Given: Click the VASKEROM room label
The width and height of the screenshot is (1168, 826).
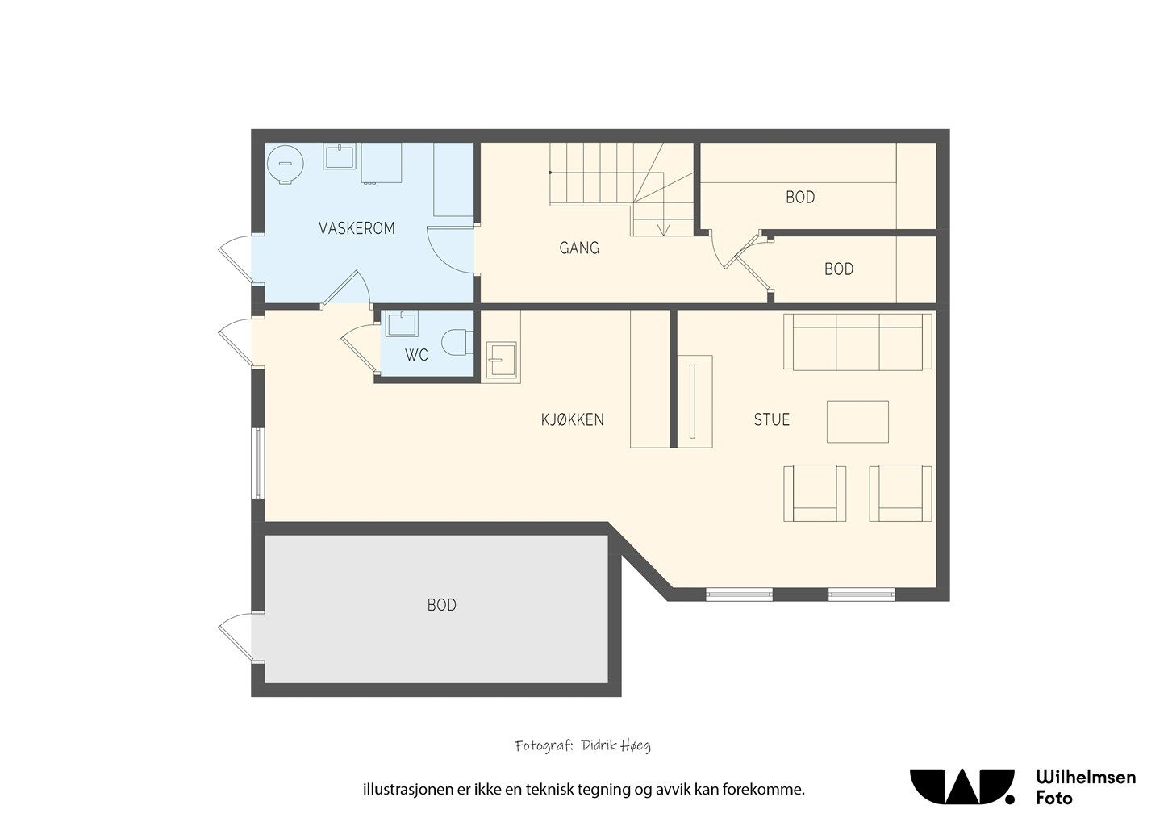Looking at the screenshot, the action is tap(357, 228).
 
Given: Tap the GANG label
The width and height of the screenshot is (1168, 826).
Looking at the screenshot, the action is tap(579, 248).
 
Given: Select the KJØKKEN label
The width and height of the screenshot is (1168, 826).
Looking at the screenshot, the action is tap(573, 419).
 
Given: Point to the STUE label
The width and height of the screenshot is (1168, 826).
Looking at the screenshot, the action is tap(772, 419).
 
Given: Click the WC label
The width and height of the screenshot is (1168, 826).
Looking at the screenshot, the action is tap(416, 355).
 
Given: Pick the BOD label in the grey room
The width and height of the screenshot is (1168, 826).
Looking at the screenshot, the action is tap(442, 605).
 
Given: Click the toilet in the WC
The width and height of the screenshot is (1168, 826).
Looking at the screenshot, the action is tap(457, 342).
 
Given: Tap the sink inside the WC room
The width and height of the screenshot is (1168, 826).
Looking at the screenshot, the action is tap(402, 323).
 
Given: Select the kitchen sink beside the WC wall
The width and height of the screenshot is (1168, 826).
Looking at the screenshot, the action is tap(501, 359).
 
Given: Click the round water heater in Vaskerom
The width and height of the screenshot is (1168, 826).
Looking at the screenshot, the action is tap(286, 164).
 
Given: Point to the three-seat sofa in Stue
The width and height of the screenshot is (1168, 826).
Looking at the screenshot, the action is tap(857, 342).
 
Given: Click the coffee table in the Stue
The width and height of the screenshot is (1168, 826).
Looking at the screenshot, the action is tap(857, 422).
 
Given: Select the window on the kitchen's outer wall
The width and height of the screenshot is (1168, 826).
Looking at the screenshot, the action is tap(258, 463).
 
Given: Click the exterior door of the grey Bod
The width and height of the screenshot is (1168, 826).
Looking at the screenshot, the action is tap(236, 638).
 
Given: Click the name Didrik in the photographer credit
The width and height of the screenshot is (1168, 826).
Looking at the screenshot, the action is tap(598, 745).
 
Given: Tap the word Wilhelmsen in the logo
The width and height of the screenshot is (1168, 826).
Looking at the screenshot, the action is tap(1086, 778).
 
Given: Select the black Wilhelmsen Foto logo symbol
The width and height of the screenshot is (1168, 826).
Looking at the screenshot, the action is tap(962, 787).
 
